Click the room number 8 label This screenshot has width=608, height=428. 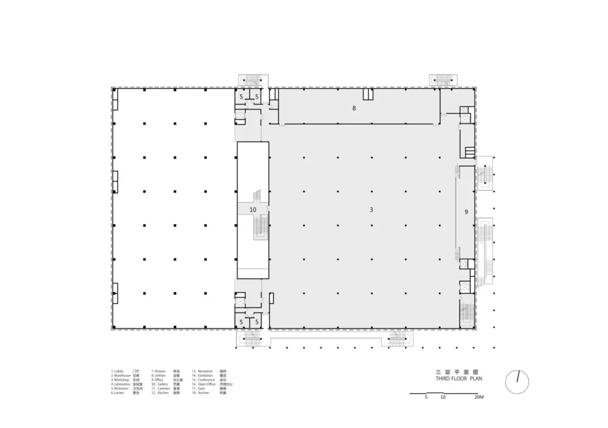[353, 108]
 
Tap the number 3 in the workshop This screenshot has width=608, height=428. [371, 210]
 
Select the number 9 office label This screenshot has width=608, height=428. [466, 212]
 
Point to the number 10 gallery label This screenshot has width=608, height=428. [253, 210]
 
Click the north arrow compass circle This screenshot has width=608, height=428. [517, 382]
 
